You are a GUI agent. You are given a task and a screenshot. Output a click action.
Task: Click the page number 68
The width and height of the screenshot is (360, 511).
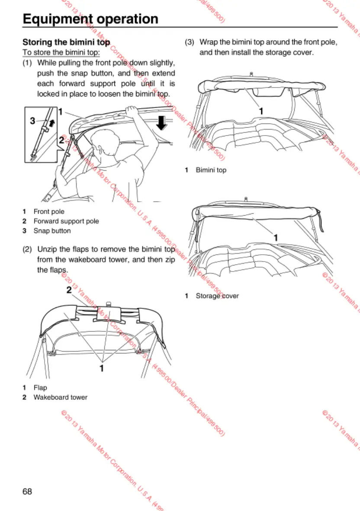(x=27, y=491)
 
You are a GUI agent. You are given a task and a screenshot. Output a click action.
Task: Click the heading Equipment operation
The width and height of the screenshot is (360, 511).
(x=90, y=19)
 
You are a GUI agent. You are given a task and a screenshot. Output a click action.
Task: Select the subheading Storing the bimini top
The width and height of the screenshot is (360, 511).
(x=66, y=42)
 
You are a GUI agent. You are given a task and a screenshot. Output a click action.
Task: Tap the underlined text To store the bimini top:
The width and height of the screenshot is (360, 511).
(x=61, y=53)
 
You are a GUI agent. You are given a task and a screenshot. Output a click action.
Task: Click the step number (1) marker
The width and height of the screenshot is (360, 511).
(x=28, y=63)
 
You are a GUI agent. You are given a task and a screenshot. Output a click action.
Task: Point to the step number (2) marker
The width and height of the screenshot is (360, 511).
(x=28, y=249)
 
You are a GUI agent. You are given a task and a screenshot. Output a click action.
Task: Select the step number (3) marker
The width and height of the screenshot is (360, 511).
(x=190, y=43)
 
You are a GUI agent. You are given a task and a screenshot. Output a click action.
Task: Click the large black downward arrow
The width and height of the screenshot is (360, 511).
(x=161, y=123)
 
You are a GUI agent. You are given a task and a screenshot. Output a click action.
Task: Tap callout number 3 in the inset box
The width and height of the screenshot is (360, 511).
(x=32, y=121)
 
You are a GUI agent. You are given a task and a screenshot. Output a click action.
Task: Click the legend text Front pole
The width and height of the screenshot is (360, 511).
(x=49, y=211)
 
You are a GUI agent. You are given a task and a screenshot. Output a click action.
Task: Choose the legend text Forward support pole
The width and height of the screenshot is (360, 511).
(x=66, y=221)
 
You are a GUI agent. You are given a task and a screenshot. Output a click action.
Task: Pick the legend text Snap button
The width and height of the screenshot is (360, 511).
(x=52, y=231)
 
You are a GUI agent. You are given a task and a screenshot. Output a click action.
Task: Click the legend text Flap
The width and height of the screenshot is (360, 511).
(x=40, y=388)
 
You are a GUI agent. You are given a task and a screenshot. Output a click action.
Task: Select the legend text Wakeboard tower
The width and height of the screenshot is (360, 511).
(x=60, y=397)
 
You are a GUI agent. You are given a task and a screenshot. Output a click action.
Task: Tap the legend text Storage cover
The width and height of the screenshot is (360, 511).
(x=217, y=296)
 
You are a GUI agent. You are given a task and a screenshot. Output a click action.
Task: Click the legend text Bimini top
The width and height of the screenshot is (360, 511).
(x=211, y=170)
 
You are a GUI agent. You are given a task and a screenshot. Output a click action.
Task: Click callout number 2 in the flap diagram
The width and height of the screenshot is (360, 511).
(x=69, y=290)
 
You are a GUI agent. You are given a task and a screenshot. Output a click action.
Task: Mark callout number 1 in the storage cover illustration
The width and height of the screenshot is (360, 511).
(x=275, y=237)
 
